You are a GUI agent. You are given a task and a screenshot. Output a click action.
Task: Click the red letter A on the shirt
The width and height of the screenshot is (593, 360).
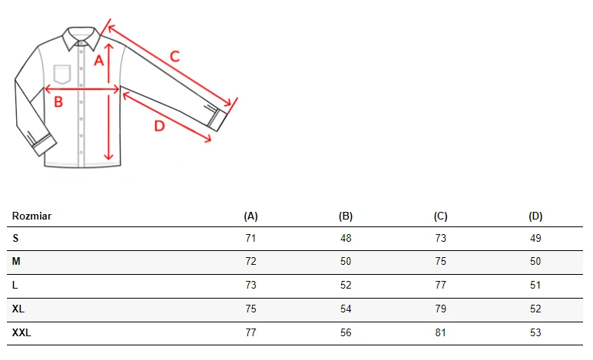click(x=99, y=61)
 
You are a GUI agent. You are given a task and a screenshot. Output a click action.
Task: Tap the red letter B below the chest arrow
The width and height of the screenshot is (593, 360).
click(x=58, y=101)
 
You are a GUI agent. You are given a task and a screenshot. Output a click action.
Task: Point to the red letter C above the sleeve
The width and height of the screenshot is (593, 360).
click(x=174, y=57)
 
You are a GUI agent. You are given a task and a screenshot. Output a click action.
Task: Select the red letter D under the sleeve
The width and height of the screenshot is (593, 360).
click(x=160, y=126)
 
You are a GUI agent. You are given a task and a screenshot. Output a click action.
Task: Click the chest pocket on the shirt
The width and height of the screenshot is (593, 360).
click(x=62, y=74)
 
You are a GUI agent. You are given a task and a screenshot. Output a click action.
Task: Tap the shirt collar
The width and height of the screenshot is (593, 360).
click(x=81, y=38)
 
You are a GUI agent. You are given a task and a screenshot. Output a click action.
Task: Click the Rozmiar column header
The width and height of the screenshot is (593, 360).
click(x=31, y=216)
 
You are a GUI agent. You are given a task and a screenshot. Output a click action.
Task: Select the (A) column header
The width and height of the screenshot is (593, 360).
click(x=250, y=216)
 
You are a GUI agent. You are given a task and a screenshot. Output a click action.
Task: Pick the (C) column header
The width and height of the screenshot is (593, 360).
click(x=441, y=216)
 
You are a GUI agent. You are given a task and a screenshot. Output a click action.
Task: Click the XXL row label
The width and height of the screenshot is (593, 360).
click(x=22, y=332)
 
